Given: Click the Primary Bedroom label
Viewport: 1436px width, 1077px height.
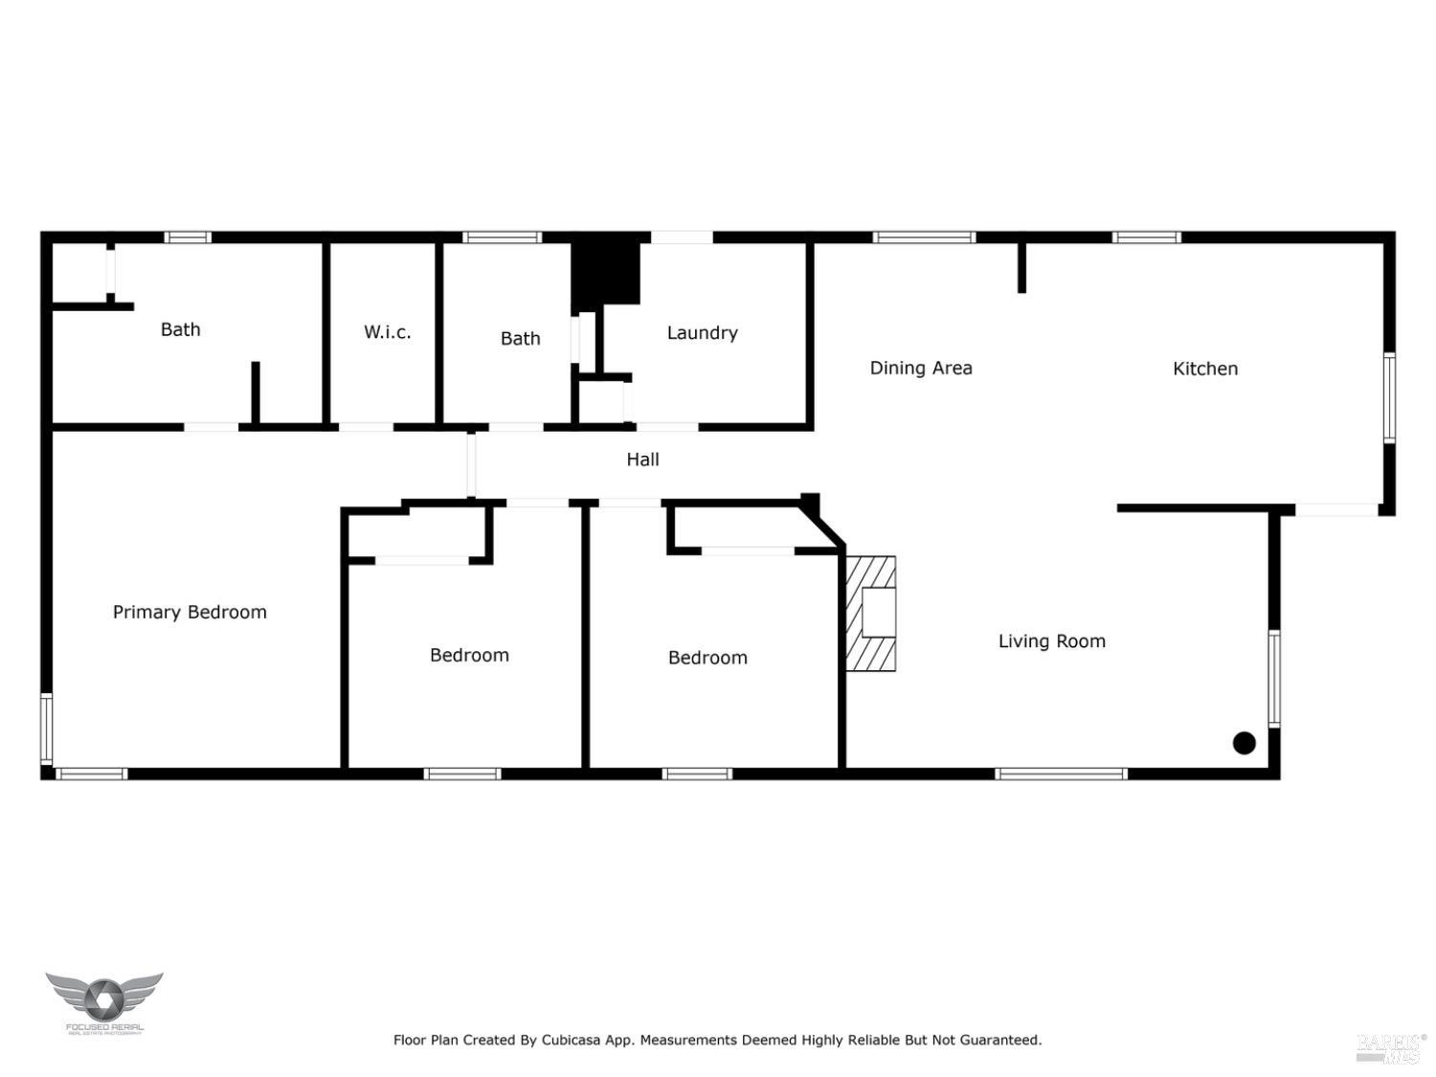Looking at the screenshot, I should click(190, 612).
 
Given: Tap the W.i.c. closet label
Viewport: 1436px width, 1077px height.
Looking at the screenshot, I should click(387, 332).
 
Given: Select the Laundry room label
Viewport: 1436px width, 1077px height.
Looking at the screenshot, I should click(702, 332).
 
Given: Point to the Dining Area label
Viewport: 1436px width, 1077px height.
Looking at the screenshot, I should click(920, 368).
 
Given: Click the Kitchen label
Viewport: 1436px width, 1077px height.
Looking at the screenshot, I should click(1205, 369).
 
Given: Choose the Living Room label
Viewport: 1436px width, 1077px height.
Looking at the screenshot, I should click(1051, 641).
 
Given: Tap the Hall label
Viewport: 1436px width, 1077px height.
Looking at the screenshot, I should click(642, 460).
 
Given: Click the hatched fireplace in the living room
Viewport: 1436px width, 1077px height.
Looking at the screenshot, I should click(871, 614).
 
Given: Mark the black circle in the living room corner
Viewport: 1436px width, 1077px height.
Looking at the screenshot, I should click(1244, 743).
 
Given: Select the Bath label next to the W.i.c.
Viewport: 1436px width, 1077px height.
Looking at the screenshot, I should click(180, 329).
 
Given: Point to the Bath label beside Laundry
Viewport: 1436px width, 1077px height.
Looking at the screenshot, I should click(520, 338).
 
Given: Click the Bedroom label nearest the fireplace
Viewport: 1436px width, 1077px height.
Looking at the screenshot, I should click(707, 658).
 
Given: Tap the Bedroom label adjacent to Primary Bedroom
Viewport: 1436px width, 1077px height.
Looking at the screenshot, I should click(469, 655).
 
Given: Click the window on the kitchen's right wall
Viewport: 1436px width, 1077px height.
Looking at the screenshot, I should click(1389, 397).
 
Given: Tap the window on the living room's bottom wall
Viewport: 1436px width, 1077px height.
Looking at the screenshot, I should click(1061, 774).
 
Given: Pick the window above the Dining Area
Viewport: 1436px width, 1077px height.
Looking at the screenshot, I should click(924, 237).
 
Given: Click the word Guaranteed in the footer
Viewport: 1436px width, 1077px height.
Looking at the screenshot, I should click(1000, 1040).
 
